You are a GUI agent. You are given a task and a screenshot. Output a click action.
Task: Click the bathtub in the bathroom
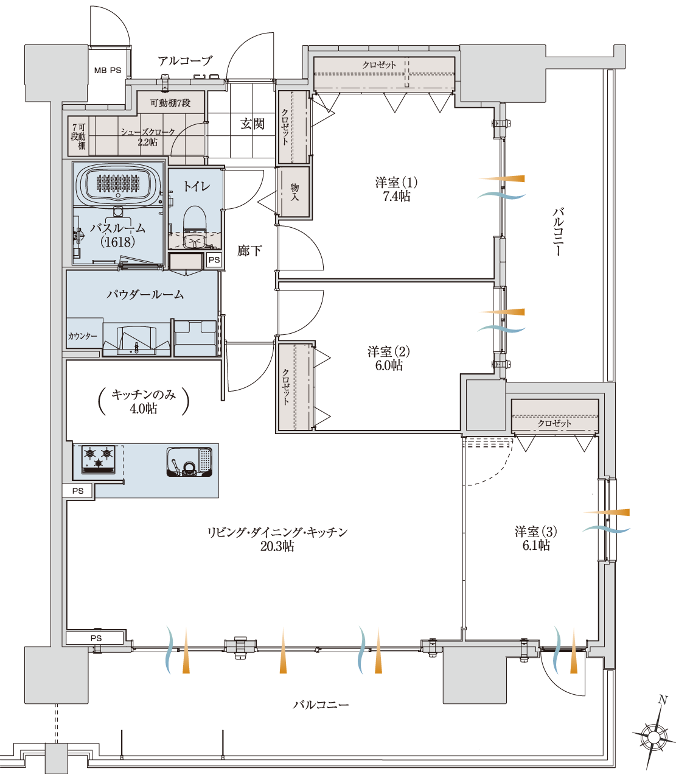point(118,185)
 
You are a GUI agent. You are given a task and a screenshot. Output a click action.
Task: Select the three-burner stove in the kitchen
point(99,459)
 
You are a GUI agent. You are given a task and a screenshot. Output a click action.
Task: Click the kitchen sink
point(189,462)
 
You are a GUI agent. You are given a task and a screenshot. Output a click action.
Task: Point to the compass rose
point(653,737)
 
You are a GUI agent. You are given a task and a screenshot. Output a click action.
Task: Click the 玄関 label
point(253,124)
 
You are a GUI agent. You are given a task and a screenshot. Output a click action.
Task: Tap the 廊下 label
point(249,250)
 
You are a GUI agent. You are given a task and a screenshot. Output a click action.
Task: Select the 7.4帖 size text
point(396,196)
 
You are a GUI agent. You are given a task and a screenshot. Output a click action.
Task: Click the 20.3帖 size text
point(277,546)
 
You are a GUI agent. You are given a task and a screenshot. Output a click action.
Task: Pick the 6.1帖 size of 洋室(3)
point(536,545)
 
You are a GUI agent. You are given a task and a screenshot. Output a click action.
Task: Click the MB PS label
point(108,71)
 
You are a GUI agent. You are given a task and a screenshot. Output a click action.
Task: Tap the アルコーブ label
point(185,60)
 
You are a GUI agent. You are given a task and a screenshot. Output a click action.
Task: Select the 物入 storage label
point(294,192)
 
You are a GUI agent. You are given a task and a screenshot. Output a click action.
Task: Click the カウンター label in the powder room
point(82,336)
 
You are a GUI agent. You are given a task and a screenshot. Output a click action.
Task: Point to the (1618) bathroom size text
point(118,241)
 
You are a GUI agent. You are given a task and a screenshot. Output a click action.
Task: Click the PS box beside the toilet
point(214,260)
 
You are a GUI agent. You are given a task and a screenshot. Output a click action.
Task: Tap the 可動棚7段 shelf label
point(170,103)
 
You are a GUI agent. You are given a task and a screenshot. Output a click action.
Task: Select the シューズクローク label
point(148,132)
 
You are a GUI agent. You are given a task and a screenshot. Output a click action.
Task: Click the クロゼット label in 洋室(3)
point(554,423)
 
